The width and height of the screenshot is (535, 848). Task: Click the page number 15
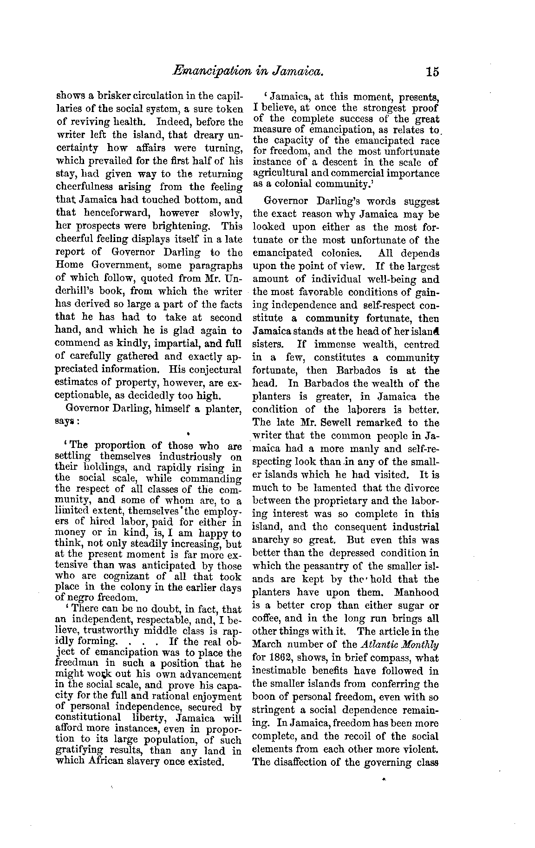431,72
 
